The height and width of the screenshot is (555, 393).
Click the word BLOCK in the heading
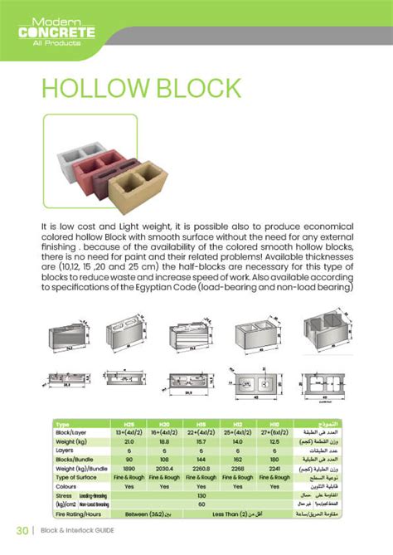(x=192, y=89)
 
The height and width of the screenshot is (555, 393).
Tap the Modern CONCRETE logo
(x=59, y=32)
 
